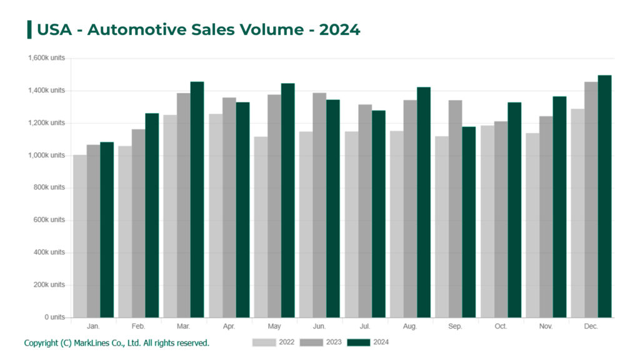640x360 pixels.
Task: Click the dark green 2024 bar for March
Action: pyautogui.click(x=197, y=200)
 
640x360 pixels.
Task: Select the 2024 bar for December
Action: pyautogui.click(x=604, y=197)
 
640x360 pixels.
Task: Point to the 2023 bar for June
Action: pyautogui.click(x=319, y=206)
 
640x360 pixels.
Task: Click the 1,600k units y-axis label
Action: pyautogui.click(x=46, y=58)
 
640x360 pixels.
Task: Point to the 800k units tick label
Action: pyautogui.click(x=49, y=187)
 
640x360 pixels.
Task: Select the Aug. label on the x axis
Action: pyautogui.click(x=410, y=327)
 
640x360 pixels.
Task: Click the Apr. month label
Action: pyautogui.click(x=229, y=327)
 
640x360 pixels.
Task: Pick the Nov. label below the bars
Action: pyautogui.click(x=546, y=327)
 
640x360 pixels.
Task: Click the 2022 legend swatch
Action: pyautogui.click(x=264, y=342)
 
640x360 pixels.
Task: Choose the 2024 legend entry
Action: pyautogui.click(x=368, y=342)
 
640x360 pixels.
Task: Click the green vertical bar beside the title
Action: pyautogui.click(x=29, y=29)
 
